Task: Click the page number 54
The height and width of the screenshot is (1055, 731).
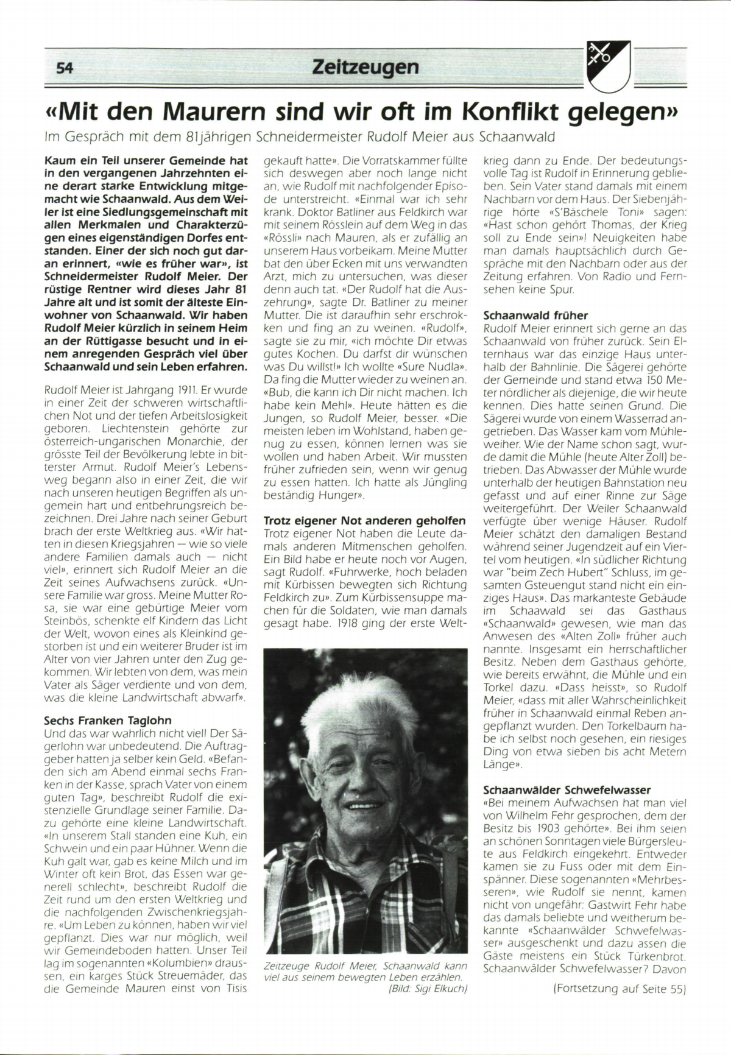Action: click(x=65, y=68)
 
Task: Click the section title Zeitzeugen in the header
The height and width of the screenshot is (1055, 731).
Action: click(x=365, y=66)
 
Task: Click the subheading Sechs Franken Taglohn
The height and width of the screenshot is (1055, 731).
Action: click(x=107, y=720)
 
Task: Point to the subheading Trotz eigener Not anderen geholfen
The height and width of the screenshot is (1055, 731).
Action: click(x=365, y=521)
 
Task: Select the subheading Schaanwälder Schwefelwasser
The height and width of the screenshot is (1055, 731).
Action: click(x=567, y=791)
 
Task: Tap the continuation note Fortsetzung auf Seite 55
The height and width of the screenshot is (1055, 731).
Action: click(x=620, y=989)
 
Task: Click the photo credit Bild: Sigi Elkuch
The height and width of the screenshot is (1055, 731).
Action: click(x=427, y=990)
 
